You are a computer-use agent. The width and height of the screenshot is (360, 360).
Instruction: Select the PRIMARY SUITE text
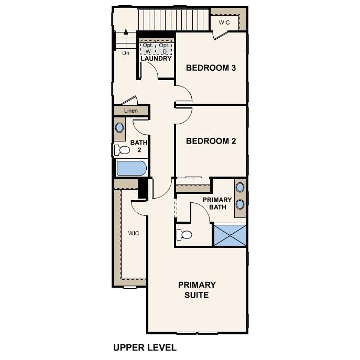click(x=197, y=290)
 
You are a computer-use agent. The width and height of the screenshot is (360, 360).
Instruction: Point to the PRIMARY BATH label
click(x=217, y=203)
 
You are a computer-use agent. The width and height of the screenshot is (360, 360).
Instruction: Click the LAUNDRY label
click(x=156, y=59)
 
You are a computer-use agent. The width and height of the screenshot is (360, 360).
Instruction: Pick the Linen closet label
click(x=130, y=111)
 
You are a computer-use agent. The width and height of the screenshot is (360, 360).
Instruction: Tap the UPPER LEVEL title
click(x=145, y=347)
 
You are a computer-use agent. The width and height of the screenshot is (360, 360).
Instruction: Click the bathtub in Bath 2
click(x=131, y=169)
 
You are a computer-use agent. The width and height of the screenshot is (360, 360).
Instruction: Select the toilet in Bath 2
click(x=123, y=150)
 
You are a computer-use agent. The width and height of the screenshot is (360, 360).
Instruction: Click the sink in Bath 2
click(x=120, y=127)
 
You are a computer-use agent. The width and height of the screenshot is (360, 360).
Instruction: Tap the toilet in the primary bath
click(x=184, y=234)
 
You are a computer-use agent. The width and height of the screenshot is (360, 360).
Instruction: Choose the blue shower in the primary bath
click(x=230, y=235)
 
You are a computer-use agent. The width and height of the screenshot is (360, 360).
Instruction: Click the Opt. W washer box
click(x=147, y=48)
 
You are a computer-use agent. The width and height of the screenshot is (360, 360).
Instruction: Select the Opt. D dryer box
click(x=165, y=48)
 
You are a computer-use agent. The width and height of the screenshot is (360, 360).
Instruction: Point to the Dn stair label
click(x=126, y=53)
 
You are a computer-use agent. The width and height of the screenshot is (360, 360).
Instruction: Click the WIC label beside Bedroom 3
click(x=224, y=23)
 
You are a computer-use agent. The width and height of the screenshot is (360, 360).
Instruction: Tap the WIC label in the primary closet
click(x=134, y=233)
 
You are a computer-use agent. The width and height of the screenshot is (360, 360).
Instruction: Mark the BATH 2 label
click(x=139, y=146)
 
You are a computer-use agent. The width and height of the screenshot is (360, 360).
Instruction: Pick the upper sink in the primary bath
click(x=240, y=187)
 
